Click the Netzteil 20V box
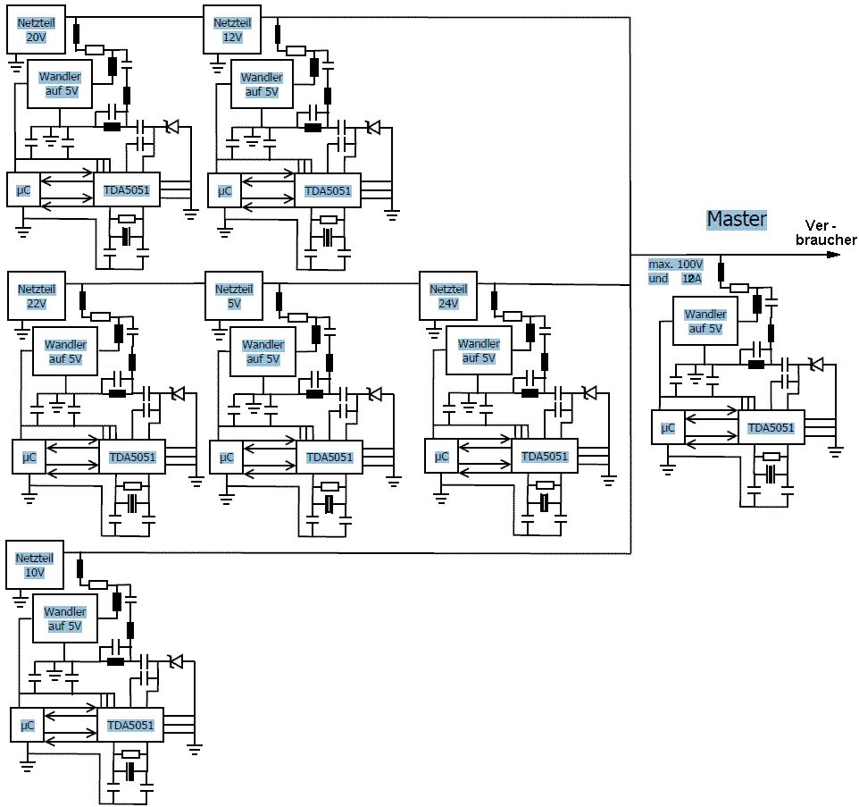tap(36, 29)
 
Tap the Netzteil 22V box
tap(37, 296)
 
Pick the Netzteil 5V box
tap(234, 296)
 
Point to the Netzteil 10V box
tap(36, 565)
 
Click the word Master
tap(737, 219)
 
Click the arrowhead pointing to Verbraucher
tap(833, 255)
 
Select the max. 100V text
tap(675, 265)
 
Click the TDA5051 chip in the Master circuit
tap(771, 428)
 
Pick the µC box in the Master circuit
tap(668, 428)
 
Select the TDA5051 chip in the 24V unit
tap(544, 457)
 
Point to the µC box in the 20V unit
tap(24, 190)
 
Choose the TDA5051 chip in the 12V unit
tap(328, 190)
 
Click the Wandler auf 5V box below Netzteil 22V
tap(65, 351)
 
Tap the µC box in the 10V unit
tap(27, 725)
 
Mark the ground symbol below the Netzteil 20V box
tap(15, 63)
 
